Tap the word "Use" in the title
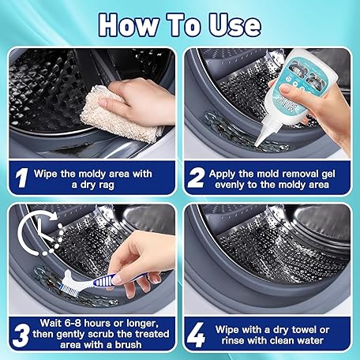235,25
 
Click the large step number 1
21,178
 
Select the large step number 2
196,178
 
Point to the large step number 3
21,336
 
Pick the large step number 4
196,335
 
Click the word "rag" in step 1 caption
106,185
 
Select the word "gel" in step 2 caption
328,174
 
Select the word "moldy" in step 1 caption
92,174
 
